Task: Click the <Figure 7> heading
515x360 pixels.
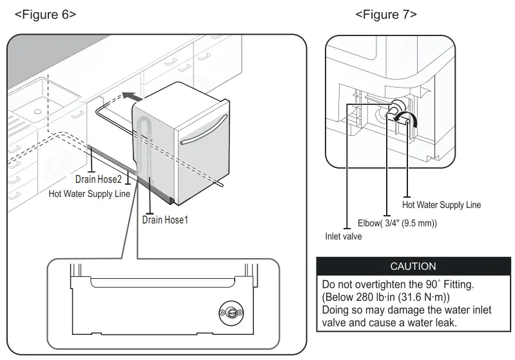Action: coord(385,15)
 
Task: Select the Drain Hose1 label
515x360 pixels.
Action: coord(169,219)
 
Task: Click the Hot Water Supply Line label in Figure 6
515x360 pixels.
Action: coord(90,193)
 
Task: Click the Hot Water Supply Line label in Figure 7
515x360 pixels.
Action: coord(442,205)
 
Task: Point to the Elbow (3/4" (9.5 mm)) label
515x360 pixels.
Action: coord(397,223)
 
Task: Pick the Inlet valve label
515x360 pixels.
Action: coord(343,236)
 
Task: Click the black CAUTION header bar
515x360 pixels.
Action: coord(413,266)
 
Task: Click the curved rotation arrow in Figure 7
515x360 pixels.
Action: coord(408,119)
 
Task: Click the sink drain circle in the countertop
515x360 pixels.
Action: coord(37,111)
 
